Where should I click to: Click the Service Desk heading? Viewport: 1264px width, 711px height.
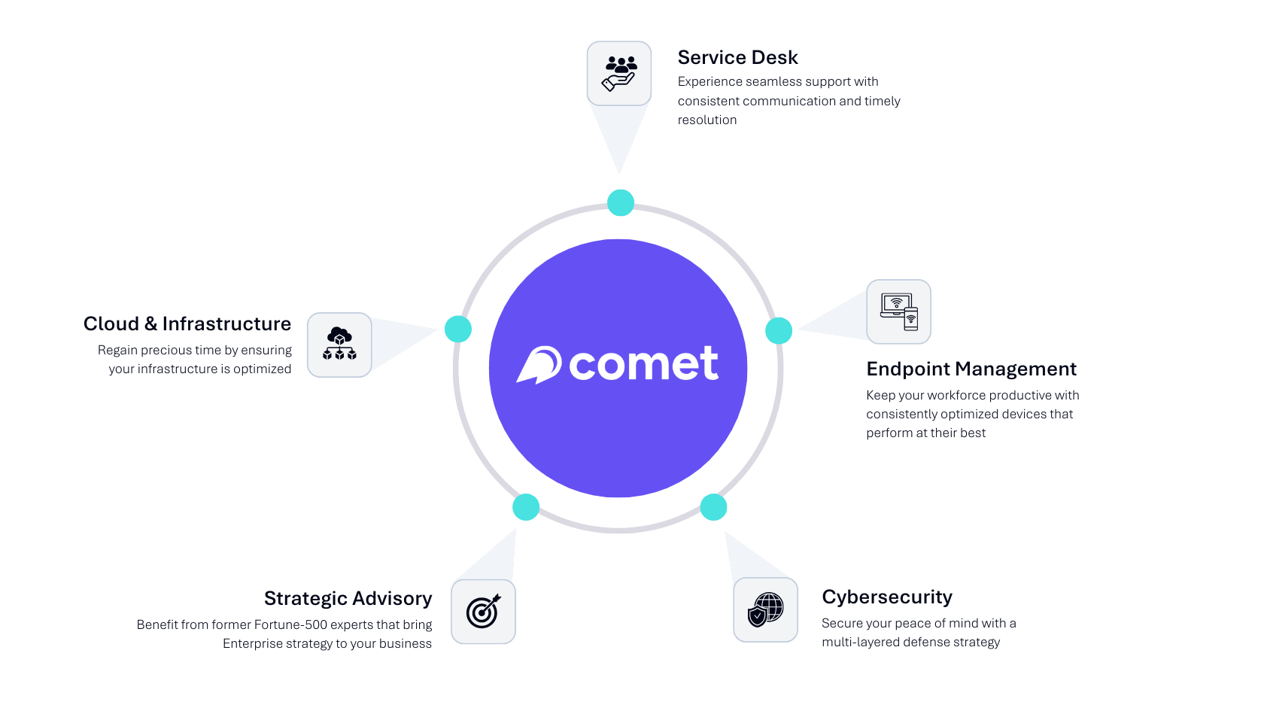coord(737,58)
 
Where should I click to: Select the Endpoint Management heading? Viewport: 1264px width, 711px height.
coord(971,369)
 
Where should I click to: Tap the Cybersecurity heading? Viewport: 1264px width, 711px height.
coord(886,597)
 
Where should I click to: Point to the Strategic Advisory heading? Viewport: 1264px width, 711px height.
coord(348,598)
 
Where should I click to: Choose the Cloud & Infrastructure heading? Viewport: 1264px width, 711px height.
coord(187,324)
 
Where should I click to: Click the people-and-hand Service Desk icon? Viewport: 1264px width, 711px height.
coord(619,74)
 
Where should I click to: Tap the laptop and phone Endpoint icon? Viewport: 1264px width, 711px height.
coord(899,311)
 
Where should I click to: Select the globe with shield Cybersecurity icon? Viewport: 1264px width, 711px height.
coord(766,609)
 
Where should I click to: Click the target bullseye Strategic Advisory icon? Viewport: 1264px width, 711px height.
coord(483,611)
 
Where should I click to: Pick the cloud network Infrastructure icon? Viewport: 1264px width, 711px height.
coord(339,345)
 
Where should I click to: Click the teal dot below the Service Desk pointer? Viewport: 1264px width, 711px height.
coord(621,202)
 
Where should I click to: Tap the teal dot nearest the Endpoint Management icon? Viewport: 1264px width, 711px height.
coord(779,330)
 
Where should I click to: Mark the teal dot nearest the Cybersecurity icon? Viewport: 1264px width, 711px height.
coord(713,507)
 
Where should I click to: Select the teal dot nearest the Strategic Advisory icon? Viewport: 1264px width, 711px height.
coord(526,507)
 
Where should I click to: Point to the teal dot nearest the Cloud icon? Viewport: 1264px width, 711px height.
coord(458,329)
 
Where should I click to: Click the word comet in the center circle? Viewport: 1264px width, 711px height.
coord(643,364)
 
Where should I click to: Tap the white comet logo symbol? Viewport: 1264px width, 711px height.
coord(539,365)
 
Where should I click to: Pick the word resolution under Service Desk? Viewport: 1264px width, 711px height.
coord(707,120)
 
